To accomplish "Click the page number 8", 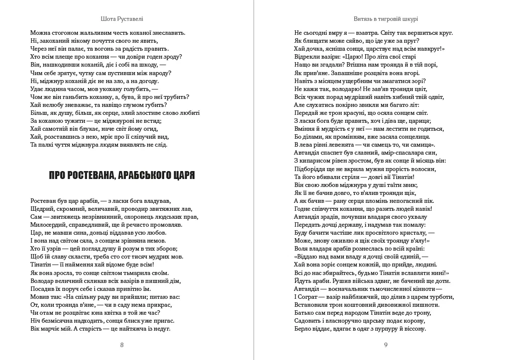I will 122,345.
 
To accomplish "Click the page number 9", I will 386,345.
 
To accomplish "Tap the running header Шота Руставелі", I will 122,18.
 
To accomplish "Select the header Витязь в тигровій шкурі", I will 386,18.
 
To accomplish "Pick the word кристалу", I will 413,232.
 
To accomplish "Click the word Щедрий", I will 42,209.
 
